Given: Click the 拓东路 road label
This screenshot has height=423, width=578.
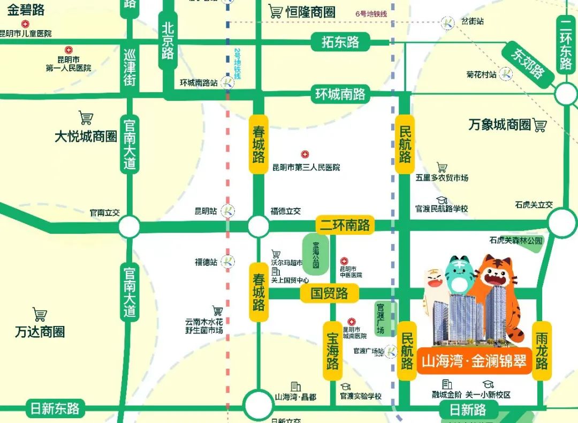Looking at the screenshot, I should tap(340, 42).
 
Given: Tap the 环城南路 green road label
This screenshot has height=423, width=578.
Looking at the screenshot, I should tap(340, 94).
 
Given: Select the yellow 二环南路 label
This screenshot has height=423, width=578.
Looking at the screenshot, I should tap(345, 225).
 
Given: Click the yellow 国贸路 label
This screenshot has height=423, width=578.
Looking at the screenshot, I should tap(330, 293).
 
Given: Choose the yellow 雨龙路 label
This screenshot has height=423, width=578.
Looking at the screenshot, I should tap(542, 351).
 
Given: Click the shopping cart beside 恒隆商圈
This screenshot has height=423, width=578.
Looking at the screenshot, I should tap(276, 11).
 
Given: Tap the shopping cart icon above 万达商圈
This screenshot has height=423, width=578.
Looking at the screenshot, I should tap(40, 314).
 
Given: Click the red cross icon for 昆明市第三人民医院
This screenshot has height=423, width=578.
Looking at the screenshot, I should tap(305, 154).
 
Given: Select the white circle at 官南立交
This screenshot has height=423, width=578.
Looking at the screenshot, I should tap(129, 227).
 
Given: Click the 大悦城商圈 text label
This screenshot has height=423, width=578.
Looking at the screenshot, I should tap(86, 136).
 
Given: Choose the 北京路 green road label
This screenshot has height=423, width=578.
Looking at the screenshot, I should tap(168, 40).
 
